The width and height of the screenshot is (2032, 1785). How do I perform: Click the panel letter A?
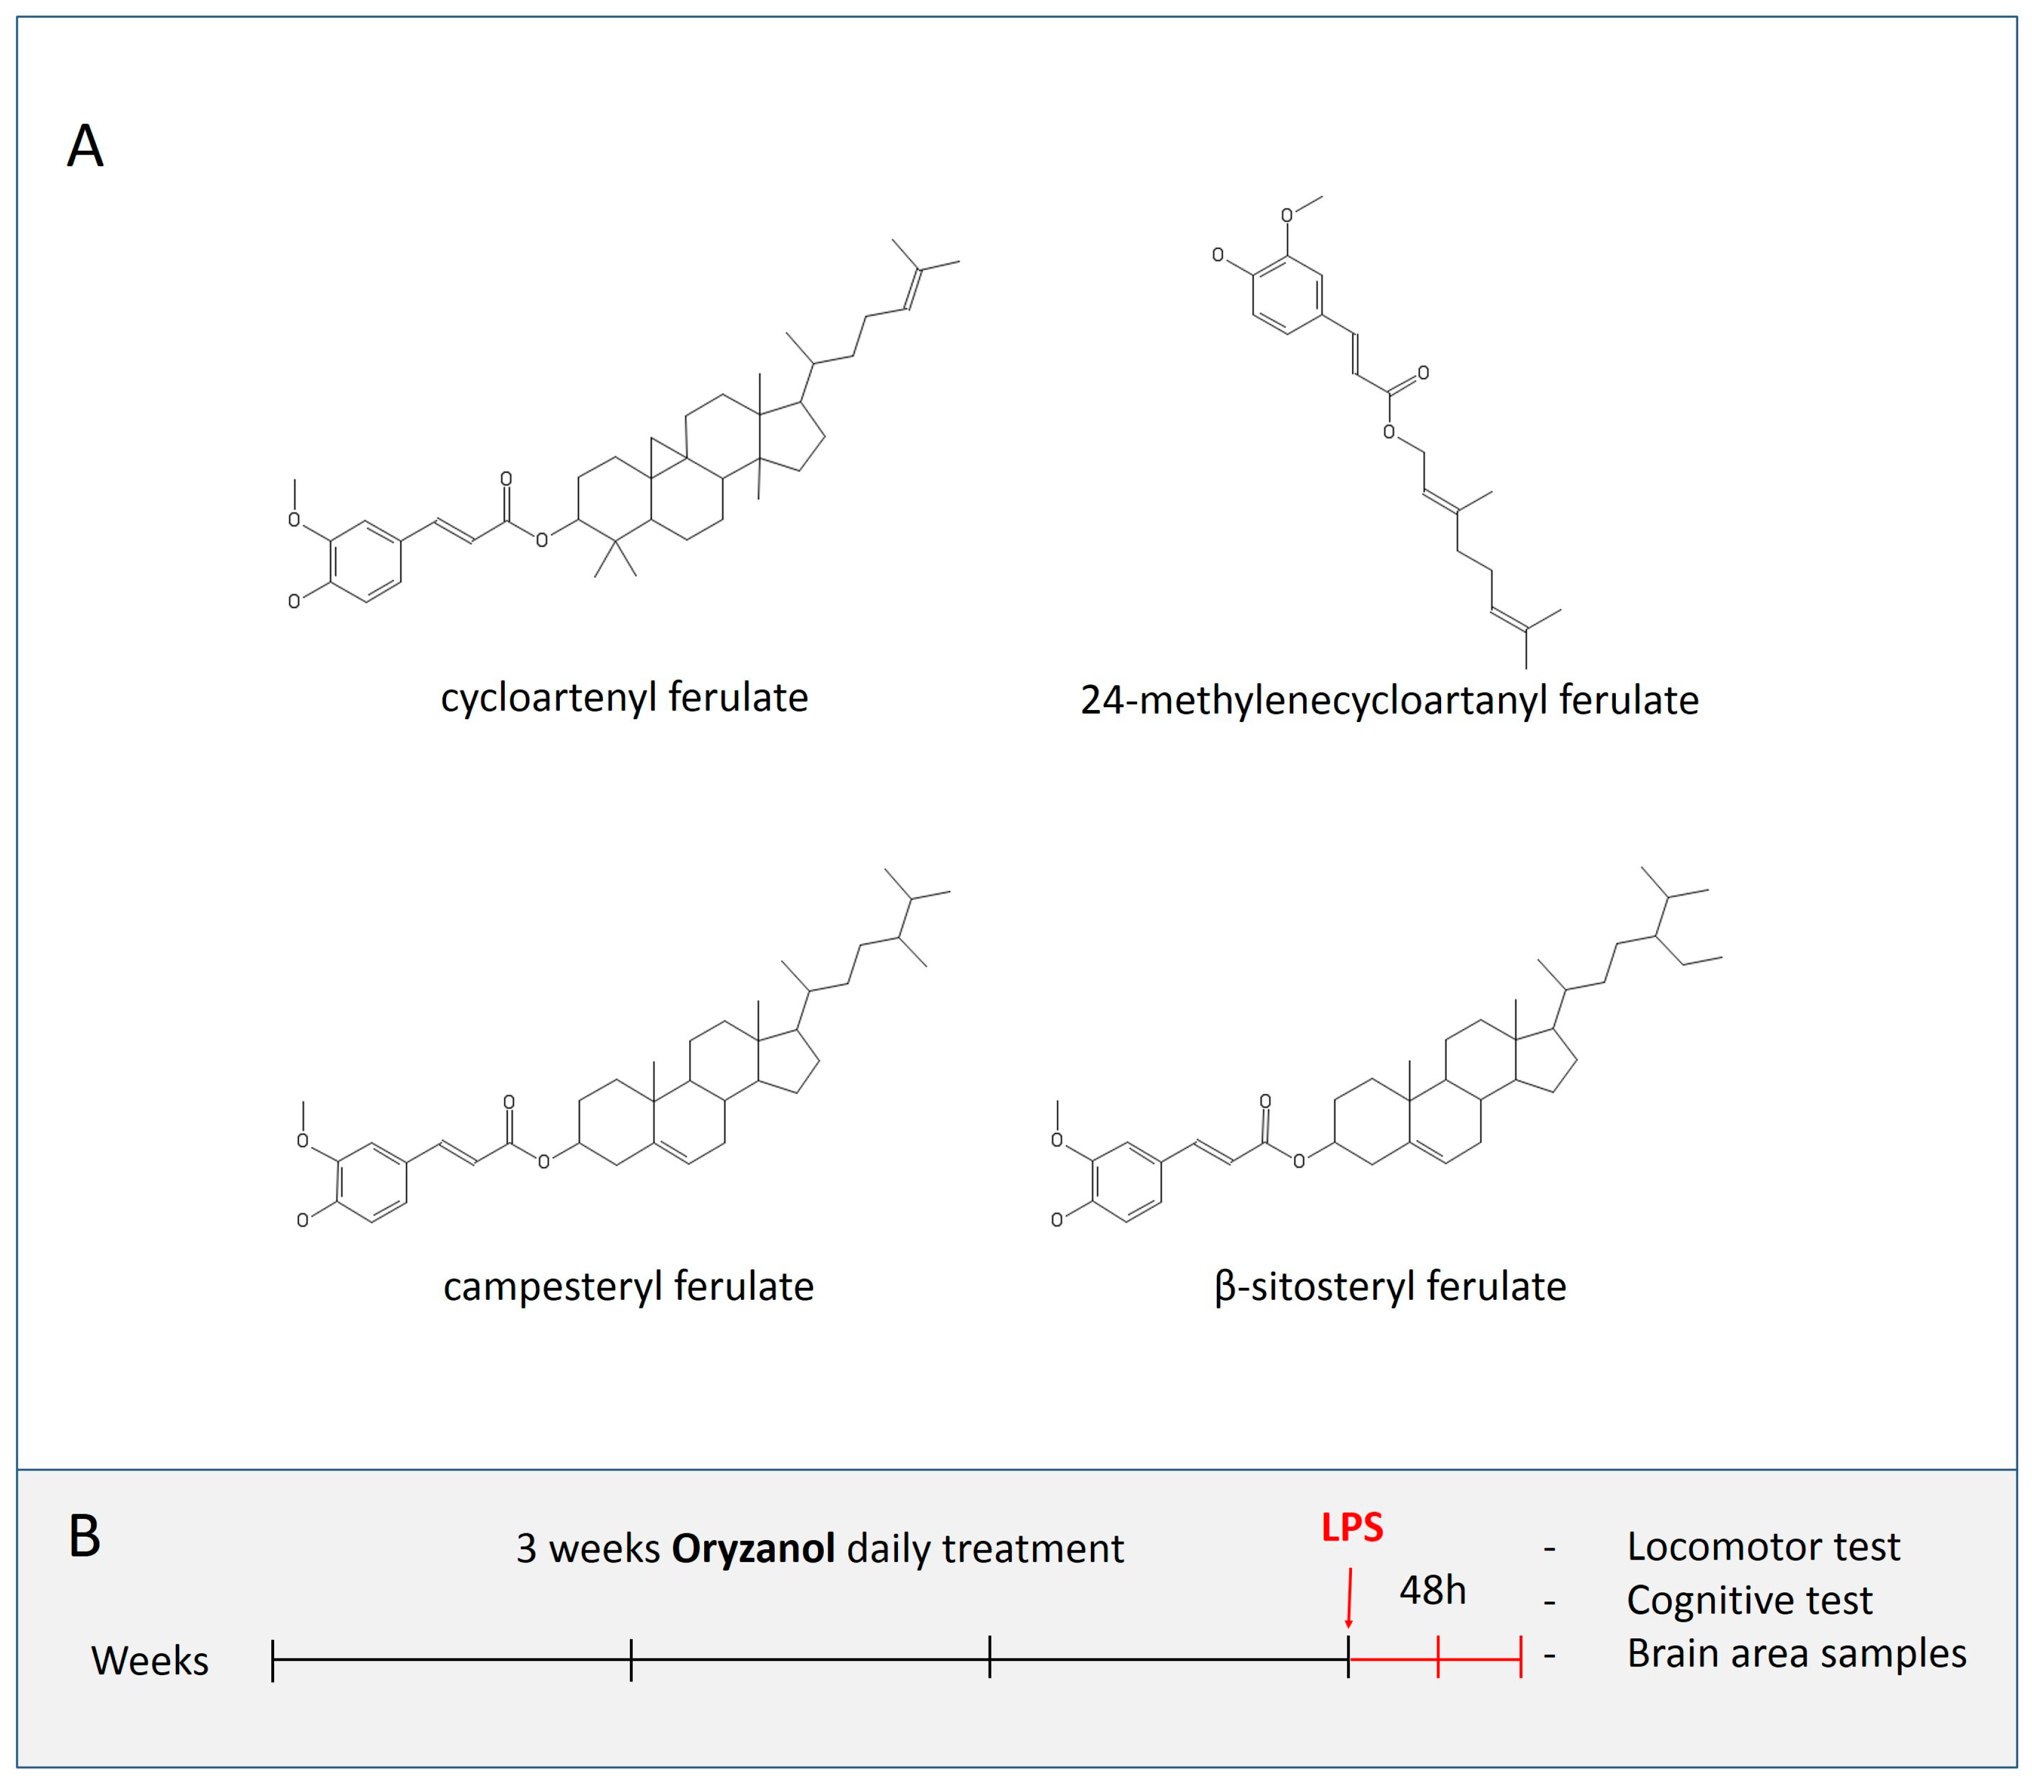(86, 147)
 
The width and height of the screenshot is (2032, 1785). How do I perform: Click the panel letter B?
(84, 1537)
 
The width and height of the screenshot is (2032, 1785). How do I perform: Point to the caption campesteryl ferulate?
(628, 1287)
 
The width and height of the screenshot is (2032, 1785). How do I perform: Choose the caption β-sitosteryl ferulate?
(1390, 1287)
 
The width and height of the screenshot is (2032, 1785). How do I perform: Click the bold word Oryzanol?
(752, 1548)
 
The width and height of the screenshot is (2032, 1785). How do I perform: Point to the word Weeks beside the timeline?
(150, 1661)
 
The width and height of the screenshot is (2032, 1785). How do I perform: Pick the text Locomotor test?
(1762, 1546)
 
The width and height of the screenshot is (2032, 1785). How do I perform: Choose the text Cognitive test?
(1749, 1600)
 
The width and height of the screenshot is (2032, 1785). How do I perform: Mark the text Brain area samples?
(1795, 1654)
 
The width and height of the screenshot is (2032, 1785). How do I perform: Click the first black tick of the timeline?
(274, 1660)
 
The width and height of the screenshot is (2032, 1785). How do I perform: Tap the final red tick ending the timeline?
(1520, 1660)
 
